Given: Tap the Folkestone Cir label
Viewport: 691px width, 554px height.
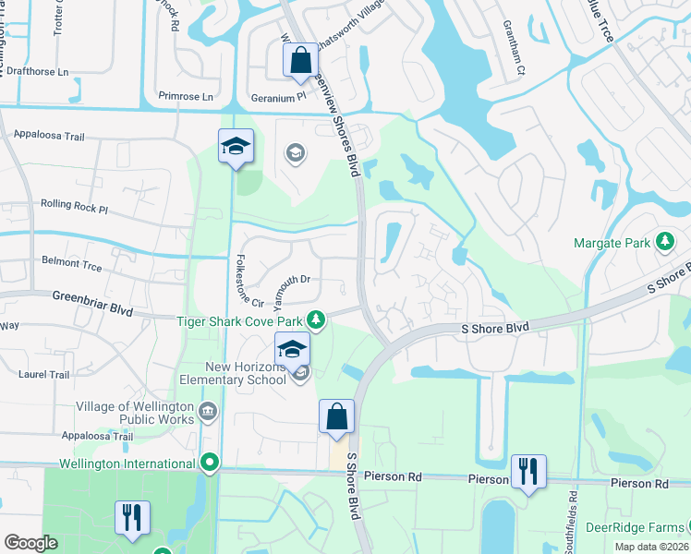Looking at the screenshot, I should coord(251,281).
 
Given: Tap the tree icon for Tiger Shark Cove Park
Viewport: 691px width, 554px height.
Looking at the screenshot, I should coord(316,320).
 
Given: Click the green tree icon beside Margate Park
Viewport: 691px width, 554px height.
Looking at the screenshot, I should coord(663,242).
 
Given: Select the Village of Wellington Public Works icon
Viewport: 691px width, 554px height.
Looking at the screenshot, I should coord(206,409).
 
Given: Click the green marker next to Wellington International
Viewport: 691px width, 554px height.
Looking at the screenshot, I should coord(210,463).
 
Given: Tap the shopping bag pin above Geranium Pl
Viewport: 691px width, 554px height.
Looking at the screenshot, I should coord(300,62).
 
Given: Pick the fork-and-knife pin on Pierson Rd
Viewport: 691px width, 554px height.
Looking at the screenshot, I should coord(528,471).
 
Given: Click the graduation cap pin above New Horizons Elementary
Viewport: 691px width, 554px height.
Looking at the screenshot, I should coord(292,349).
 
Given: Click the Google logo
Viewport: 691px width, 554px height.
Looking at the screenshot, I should coord(30,543).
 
